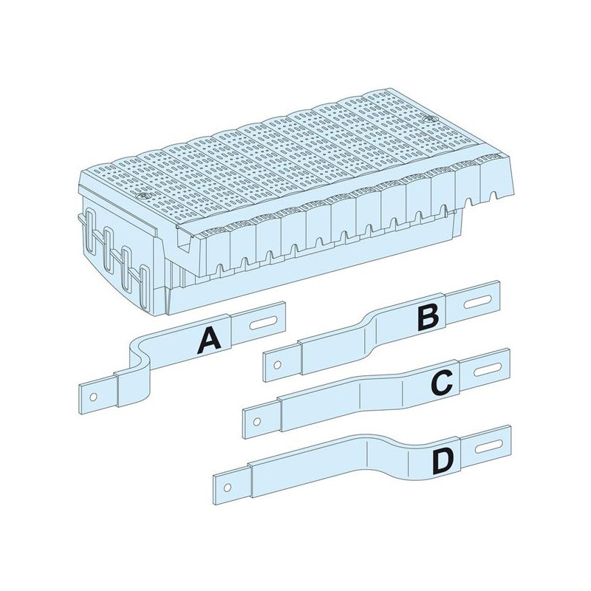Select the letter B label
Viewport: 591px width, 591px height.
point(428,318)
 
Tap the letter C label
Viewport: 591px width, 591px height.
point(441,383)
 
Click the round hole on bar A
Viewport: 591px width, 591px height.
point(94,397)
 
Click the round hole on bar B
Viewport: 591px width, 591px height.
point(278,365)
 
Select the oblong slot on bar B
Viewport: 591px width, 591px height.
point(478,303)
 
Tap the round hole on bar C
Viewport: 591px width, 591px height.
point(257,421)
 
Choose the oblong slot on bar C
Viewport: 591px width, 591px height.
point(488,370)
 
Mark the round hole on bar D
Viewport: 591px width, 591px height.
point(228,488)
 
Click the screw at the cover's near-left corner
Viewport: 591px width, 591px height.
point(143,197)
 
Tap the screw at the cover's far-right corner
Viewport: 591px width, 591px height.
point(428,118)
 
